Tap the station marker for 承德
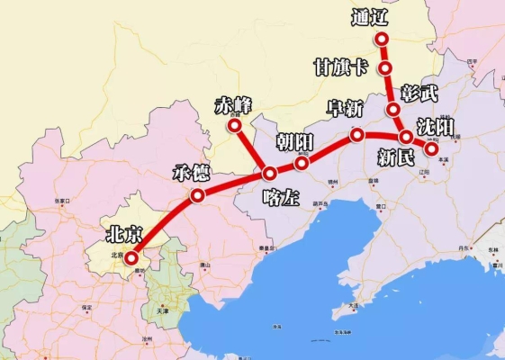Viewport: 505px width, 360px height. coord(197,194)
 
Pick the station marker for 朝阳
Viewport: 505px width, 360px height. coord(302,163)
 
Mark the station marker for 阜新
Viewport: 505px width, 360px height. coord(357,135)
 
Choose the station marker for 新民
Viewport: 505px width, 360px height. coord(406,137)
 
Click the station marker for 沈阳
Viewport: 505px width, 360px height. coord(432,150)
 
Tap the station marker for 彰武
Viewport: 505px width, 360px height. coord(393,110)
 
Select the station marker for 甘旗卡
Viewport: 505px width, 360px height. coord(385,68)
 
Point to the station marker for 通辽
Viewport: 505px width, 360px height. coord(382,39)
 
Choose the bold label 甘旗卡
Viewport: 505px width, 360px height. coord(340,67)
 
